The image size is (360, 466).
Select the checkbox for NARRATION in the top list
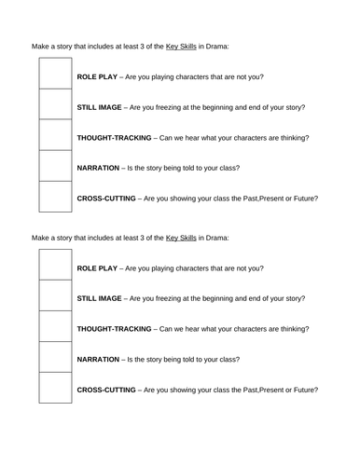(54, 167)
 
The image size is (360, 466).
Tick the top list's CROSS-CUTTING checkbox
(54, 198)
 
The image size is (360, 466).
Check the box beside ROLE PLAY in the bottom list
(54, 267)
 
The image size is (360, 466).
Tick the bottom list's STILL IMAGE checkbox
(54, 298)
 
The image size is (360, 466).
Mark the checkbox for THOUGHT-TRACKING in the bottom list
(54, 328)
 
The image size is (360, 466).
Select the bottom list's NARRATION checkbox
(54, 359)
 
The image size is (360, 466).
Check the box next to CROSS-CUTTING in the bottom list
(54, 390)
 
